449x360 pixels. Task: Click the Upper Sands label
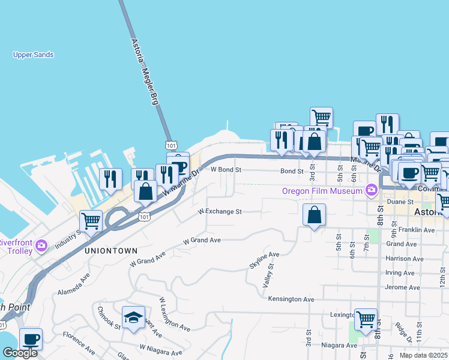click(34, 55)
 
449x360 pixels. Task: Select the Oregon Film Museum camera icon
click(372, 191)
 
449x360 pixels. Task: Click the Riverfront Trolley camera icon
click(41, 245)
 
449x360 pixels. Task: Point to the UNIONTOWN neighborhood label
click(112, 250)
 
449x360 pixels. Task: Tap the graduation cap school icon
click(133, 317)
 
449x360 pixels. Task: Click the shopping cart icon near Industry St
click(91, 220)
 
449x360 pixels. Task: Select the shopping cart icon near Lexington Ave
click(366, 320)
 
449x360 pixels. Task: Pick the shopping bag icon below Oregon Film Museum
click(314, 215)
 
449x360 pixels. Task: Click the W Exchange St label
click(220, 212)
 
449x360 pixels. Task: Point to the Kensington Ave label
click(291, 299)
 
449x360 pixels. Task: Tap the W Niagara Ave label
click(161, 347)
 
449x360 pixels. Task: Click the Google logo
click(20, 353)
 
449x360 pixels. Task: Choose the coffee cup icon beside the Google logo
click(31, 338)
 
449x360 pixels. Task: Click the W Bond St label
click(226, 170)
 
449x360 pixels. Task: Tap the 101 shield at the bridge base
click(171, 145)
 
